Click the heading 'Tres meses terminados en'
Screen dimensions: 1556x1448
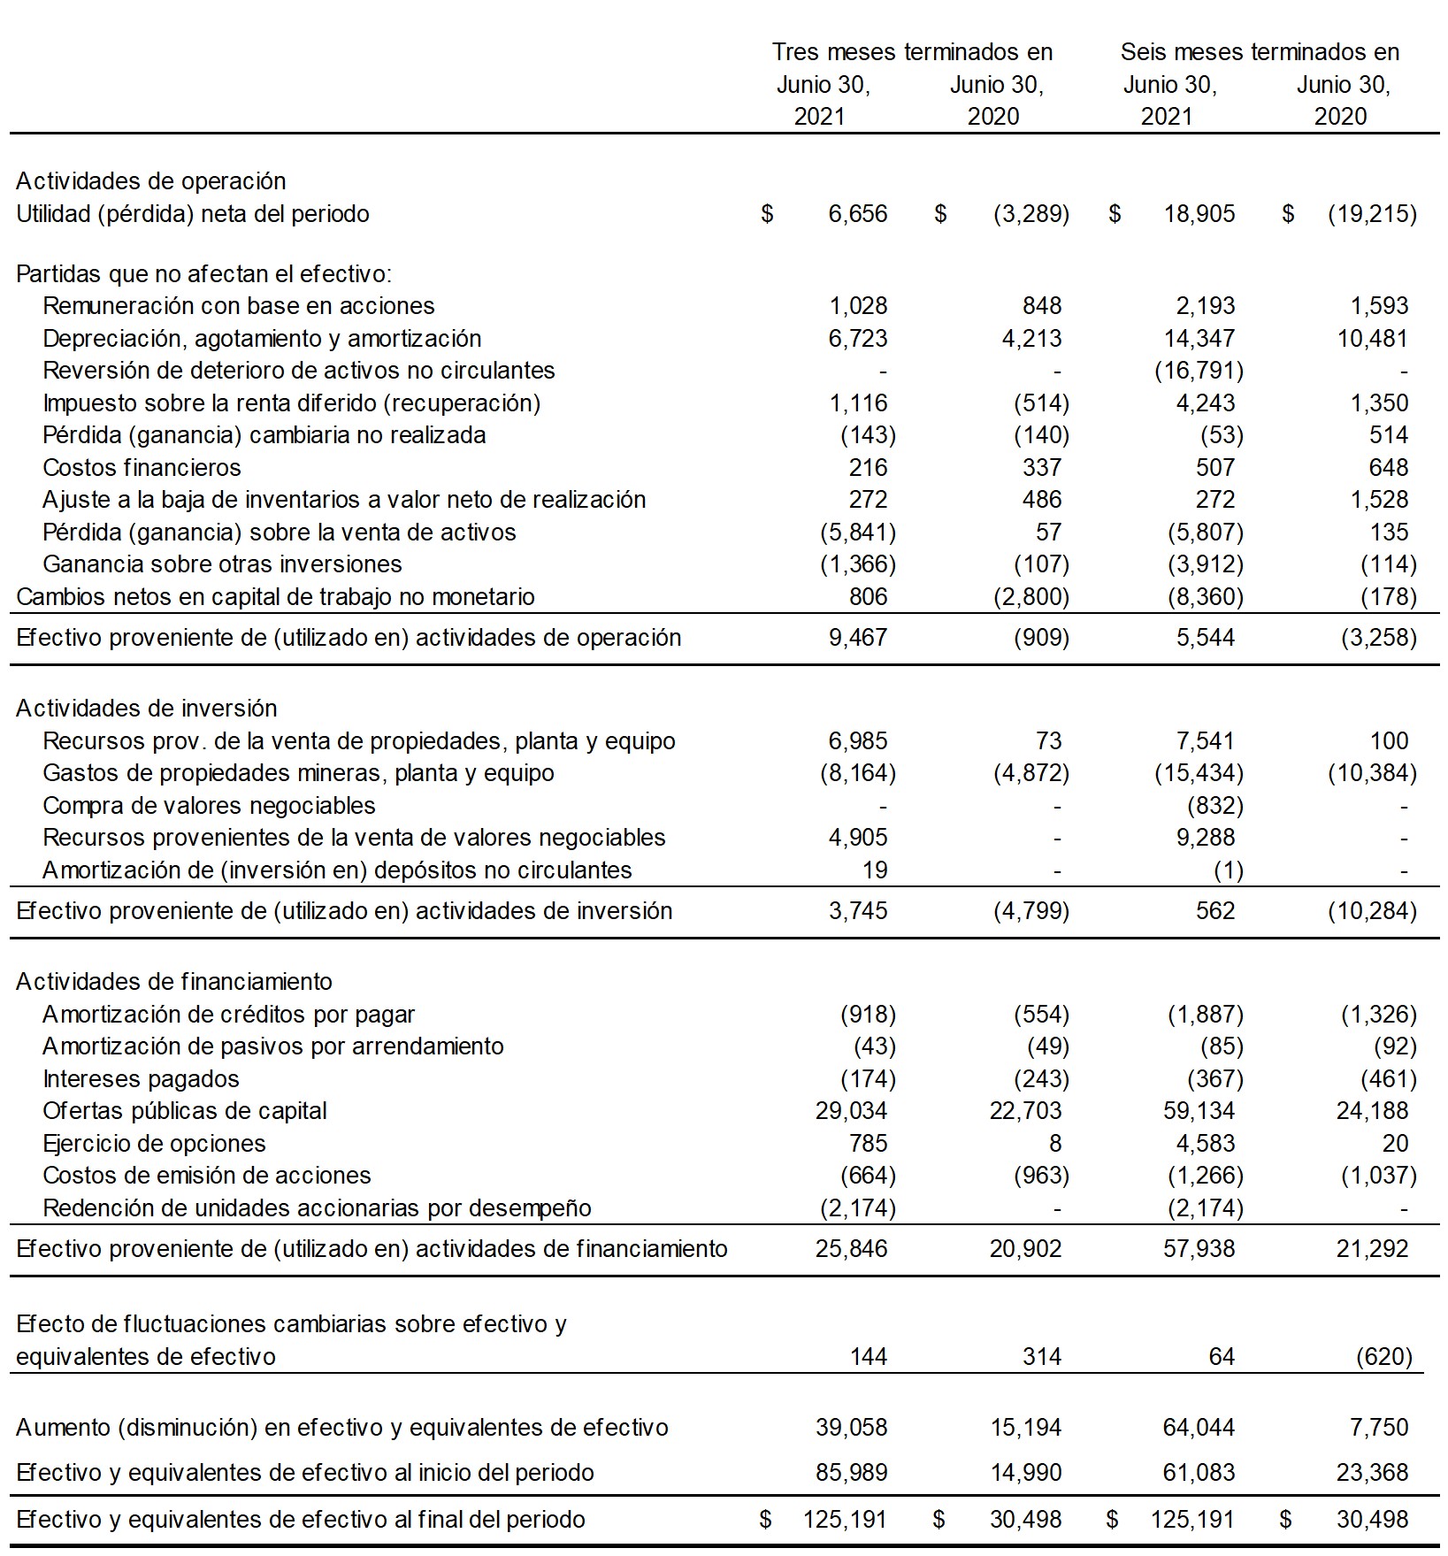[912, 52]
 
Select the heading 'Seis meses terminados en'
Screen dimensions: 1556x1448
[1260, 52]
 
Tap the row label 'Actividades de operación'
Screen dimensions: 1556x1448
[151, 181]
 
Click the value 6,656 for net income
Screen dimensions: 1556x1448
[857, 214]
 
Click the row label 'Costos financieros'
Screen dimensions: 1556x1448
[142, 468]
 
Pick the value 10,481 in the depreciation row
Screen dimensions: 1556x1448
[1372, 339]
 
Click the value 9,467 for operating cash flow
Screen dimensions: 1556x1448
[857, 638]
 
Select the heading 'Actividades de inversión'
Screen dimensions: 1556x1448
[147, 709]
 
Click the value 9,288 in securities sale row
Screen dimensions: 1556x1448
[1205, 838]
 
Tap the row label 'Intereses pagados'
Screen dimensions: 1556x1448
[141, 1079]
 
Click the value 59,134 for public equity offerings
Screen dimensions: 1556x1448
[1199, 1111]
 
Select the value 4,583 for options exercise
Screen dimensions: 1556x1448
[1205, 1144]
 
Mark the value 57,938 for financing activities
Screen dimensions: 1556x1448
[1199, 1249]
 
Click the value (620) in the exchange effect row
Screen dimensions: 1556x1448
[1383, 1357]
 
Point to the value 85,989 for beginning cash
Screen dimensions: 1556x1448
[851, 1473]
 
